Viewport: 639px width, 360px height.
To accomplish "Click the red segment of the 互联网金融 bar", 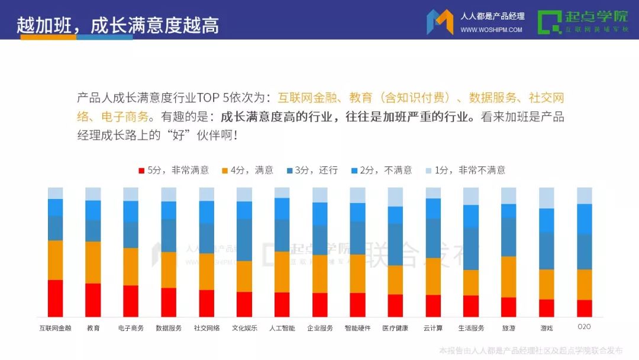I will [x=55, y=298].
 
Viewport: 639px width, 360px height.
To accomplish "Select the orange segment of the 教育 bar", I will [x=93, y=262].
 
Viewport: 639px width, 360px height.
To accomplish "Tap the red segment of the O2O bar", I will [x=584, y=308].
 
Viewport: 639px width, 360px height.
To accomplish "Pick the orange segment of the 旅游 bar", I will [x=508, y=277].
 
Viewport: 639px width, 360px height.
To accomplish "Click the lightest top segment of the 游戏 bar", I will [x=546, y=198].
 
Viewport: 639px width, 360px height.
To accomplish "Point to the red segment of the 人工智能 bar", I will [x=282, y=304].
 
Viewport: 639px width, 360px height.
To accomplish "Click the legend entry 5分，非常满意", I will [x=174, y=171].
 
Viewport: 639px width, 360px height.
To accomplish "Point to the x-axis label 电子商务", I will [x=131, y=328].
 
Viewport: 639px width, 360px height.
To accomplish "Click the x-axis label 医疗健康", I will [x=395, y=328].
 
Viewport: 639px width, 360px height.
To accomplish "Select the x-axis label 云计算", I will [x=433, y=328].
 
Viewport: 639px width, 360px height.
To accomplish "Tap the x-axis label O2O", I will [x=584, y=327].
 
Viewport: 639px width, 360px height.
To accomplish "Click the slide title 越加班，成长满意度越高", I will [x=118, y=25].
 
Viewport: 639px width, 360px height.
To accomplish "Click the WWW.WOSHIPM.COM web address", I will [x=491, y=30].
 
